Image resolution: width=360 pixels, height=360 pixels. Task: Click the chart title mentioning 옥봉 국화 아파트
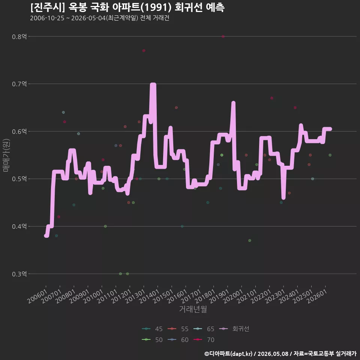(x=127, y=7)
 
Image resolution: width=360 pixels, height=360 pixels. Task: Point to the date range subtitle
(x=100, y=18)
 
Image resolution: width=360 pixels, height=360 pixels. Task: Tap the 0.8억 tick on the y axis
(x=19, y=36)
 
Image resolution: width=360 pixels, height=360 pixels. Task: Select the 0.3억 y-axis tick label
(x=19, y=274)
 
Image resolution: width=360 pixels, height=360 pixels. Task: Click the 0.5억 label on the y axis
(x=19, y=179)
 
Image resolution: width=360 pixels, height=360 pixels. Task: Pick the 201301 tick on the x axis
(x=135, y=296)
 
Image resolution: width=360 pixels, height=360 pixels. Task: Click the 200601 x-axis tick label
(x=37, y=296)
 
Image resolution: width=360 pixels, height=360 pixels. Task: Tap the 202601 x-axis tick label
(x=317, y=296)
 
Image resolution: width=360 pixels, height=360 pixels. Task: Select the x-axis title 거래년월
(x=193, y=309)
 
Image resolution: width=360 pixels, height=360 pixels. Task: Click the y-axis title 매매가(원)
(x=6, y=155)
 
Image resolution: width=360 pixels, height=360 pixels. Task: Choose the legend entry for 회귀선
(x=234, y=329)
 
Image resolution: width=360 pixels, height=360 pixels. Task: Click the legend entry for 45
(x=152, y=329)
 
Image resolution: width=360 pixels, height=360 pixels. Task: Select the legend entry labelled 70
(x=204, y=340)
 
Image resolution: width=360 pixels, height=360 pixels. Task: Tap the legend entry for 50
(x=152, y=340)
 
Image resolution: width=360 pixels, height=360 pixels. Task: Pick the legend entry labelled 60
(x=178, y=340)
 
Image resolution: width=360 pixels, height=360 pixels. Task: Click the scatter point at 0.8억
(x=223, y=36)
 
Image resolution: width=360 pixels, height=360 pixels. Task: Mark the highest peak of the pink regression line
(x=153, y=84)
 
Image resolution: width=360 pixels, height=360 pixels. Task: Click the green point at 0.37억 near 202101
(x=250, y=241)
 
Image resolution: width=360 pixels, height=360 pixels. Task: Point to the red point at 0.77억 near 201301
(x=144, y=51)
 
